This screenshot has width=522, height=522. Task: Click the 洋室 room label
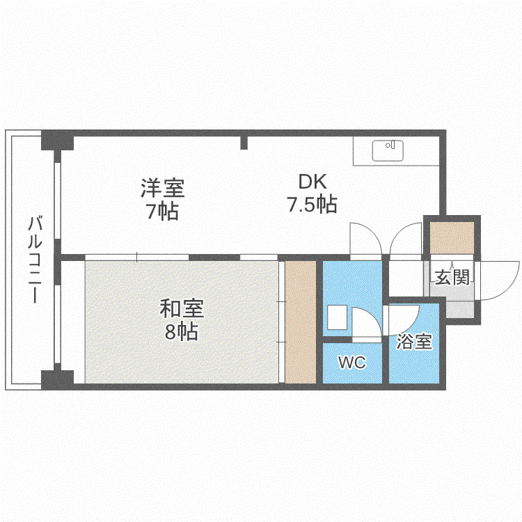162,188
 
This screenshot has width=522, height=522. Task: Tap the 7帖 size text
162,211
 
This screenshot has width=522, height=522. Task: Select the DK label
313,182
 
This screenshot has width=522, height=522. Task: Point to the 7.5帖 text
313,204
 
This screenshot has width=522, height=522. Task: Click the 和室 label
182,308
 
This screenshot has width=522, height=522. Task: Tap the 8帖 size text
182,331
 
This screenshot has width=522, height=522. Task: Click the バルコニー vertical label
35,260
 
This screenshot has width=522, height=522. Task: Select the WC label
352,362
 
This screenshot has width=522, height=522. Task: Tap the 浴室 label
414,342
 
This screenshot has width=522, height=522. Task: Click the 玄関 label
452,277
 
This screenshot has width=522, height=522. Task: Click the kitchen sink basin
388,151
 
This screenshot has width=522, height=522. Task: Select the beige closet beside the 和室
301,322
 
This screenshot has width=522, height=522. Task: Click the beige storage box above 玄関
452,238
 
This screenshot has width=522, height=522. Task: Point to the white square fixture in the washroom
338,318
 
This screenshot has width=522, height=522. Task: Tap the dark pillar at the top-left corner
57,140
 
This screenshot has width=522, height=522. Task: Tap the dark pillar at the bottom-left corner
57,380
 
